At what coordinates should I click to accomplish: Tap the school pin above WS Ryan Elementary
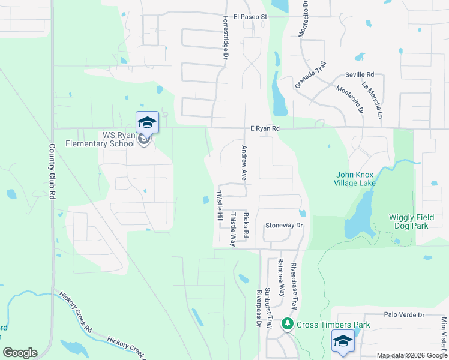point(147,123)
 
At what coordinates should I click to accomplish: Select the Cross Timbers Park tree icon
point(288,324)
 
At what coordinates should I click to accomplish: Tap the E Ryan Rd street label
point(265,128)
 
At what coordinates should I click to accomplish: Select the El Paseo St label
point(250,17)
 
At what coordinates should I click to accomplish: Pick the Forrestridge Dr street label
point(226,37)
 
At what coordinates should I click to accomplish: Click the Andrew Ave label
point(244,163)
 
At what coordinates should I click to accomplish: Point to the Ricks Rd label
point(246,226)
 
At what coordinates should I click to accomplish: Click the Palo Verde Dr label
point(403,314)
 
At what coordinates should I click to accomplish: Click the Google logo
point(20,353)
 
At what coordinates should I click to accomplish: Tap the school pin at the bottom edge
point(343,343)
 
